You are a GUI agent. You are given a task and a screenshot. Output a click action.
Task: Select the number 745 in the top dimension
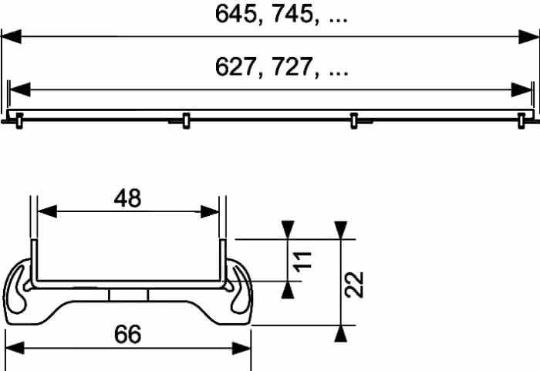coord(292,14)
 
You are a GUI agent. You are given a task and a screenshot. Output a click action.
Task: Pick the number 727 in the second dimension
coord(292,67)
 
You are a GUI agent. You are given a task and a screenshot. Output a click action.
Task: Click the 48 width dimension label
coord(127,198)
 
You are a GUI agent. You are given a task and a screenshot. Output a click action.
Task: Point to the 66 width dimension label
coord(127,334)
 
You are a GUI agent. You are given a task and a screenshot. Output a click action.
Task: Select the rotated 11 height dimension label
coord(303,261)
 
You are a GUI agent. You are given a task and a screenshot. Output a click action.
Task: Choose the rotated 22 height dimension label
coord(354,285)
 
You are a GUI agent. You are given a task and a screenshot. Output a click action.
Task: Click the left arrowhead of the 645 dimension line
coord(12,36)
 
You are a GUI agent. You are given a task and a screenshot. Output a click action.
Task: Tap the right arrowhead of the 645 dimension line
coord(528,36)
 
